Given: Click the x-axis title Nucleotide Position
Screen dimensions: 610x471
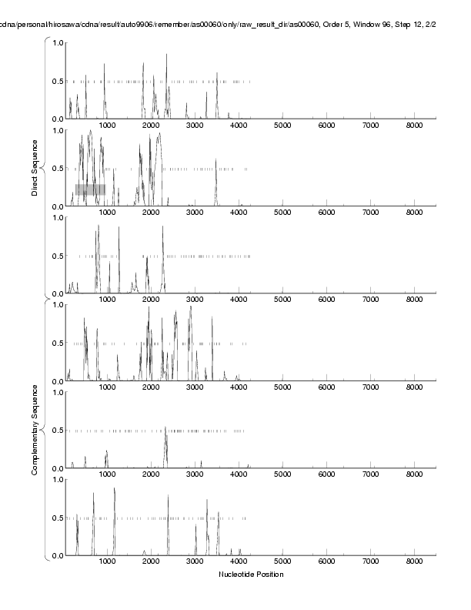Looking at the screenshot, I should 251,574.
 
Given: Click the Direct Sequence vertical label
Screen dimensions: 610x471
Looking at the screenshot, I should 35,167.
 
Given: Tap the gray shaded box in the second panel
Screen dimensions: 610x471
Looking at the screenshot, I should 90,189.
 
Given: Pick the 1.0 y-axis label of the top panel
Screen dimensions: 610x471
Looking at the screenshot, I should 58,43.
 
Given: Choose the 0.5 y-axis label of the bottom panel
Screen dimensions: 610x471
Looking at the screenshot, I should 58,518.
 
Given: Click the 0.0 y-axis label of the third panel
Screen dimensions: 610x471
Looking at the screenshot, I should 58,293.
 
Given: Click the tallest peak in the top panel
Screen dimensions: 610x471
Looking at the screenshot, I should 166,55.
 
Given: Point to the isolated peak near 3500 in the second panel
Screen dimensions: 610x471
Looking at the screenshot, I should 216,160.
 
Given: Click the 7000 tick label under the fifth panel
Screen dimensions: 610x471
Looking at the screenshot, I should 371,474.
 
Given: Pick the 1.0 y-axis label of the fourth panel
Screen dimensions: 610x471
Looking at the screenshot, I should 58,305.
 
